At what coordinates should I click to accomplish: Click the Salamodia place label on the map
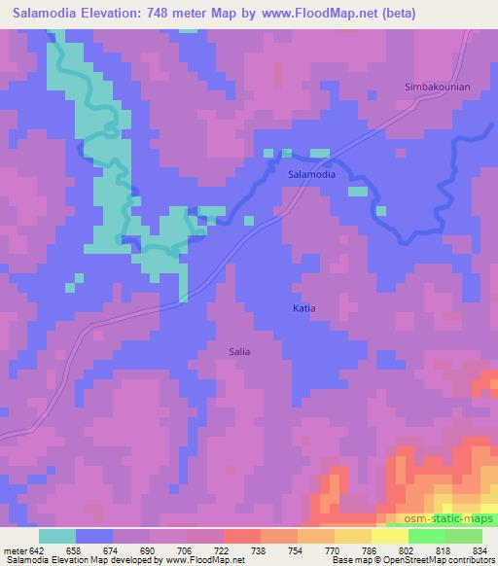[312, 175]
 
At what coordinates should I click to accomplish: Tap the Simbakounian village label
[437, 88]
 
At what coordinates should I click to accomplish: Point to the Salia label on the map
[238, 352]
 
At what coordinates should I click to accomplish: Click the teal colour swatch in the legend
[57, 536]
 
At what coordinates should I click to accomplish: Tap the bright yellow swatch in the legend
[389, 536]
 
